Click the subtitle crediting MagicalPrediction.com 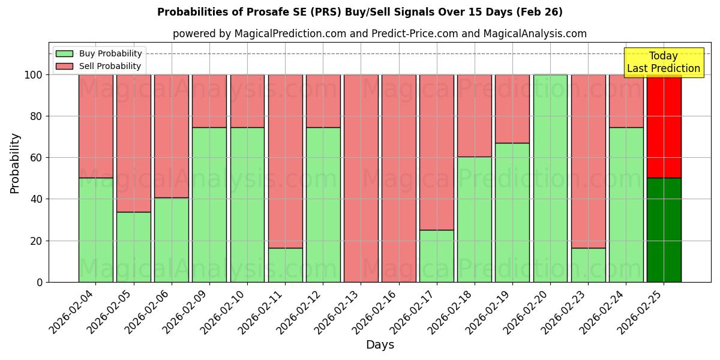pyautogui.click(x=379, y=34)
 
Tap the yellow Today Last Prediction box pyautogui.click(x=663, y=62)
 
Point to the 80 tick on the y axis pyautogui.click(x=37, y=116)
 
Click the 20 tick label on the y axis pyautogui.click(x=37, y=241)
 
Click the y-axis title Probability pyautogui.click(x=15, y=163)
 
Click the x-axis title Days pyautogui.click(x=380, y=345)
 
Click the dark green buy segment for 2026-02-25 pyautogui.click(x=664, y=230)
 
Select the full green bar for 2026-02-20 pyautogui.click(x=550, y=178)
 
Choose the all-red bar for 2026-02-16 pyautogui.click(x=398, y=178)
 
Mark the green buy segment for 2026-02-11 pyautogui.click(x=285, y=265)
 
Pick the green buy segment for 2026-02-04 pyautogui.click(x=95, y=230)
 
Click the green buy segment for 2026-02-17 pyautogui.click(x=436, y=256)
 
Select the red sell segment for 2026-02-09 pyautogui.click(x=209, y=101)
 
